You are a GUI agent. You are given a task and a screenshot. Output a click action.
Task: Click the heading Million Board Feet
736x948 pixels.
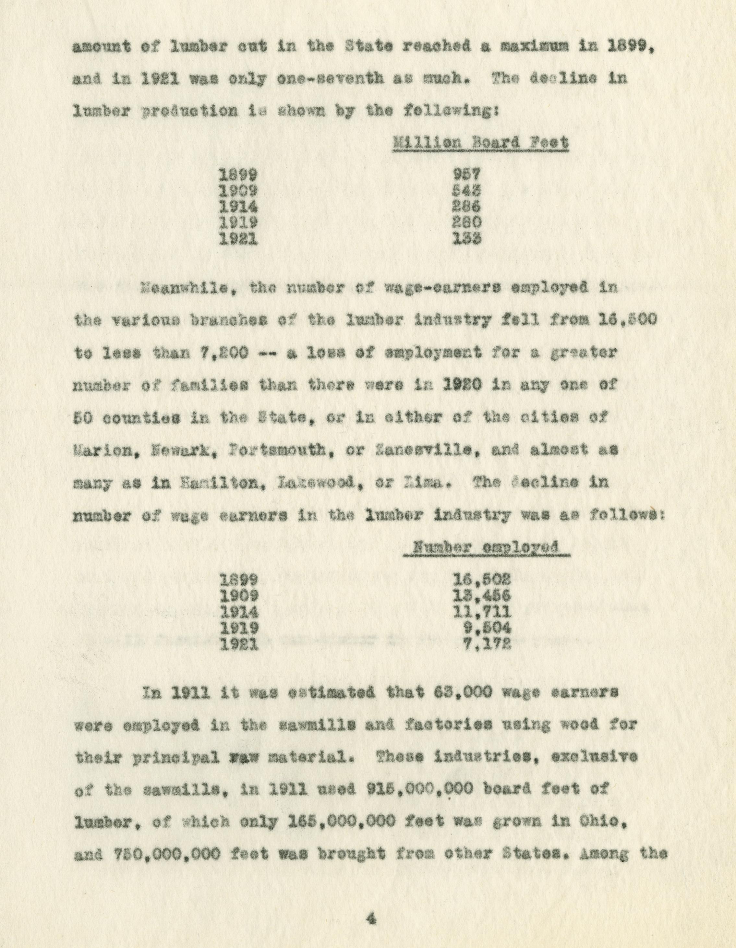click(480, 143)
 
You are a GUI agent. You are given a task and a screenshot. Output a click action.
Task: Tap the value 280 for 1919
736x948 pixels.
click(467, 222)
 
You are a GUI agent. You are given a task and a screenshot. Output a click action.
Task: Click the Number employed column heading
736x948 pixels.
click(486, 547)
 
